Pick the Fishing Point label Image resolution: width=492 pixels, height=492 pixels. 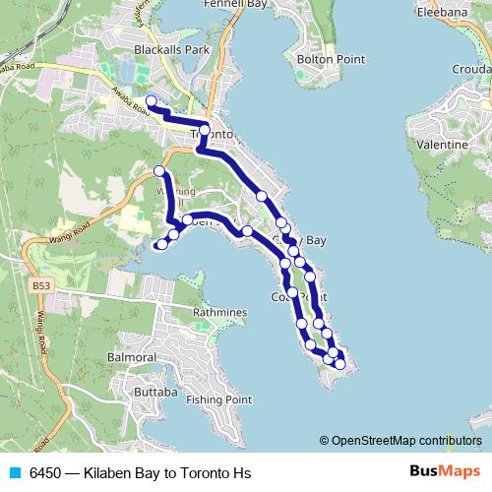tap(218, 400)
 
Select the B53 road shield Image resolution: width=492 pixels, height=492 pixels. tap(40, 286)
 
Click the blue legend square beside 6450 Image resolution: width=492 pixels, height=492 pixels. tap(16, 473)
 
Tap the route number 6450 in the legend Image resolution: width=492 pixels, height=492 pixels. tap(48, 473)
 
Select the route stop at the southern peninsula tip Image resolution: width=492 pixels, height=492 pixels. tap(339, 364)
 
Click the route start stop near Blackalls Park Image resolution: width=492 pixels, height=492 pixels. tap(151, 101)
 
